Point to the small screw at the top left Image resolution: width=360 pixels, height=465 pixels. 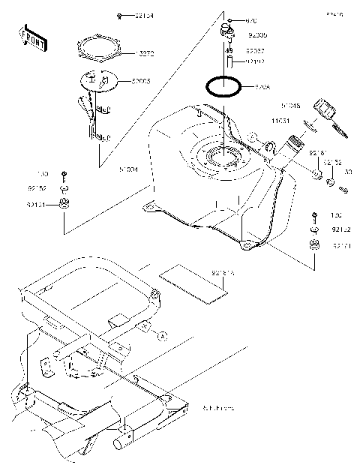click(x=119, y=16)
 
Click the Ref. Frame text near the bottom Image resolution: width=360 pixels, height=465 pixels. click(x=217, y=408)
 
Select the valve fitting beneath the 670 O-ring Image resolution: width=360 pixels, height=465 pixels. click(x=226, y=33)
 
